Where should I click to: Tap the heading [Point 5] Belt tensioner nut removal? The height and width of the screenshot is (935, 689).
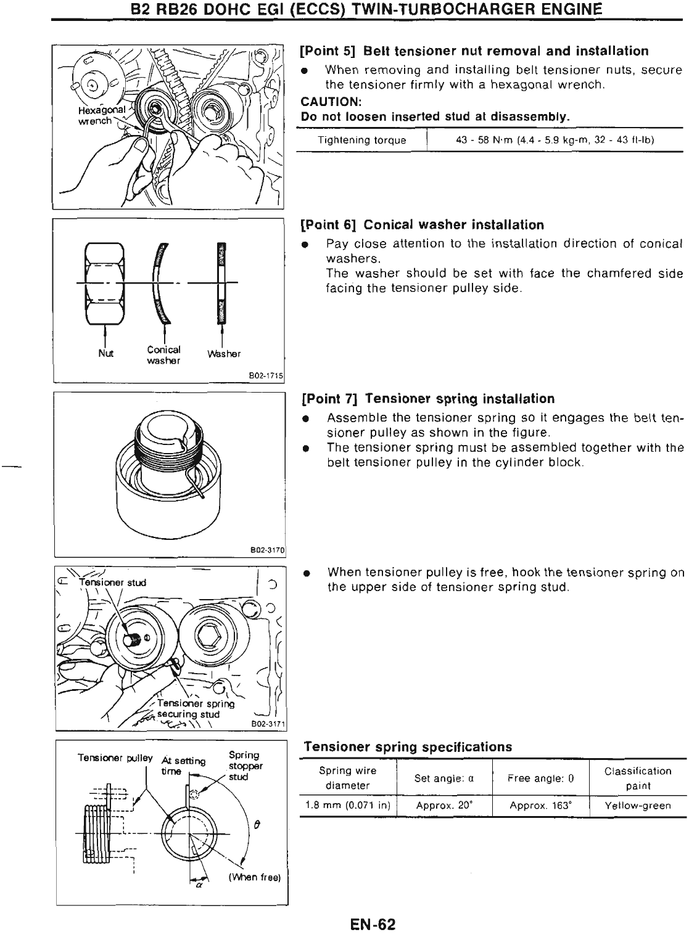point(474,51)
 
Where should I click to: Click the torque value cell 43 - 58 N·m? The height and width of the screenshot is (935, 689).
point(555,141)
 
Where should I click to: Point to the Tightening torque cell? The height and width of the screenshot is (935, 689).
point(361,141)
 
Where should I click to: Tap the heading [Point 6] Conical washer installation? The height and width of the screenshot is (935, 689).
point(423,224)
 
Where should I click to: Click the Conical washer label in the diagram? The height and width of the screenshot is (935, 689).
point(163,355)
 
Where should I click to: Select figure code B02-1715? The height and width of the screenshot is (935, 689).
point(265,375)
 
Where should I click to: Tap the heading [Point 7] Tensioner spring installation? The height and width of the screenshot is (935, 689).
point(427,398)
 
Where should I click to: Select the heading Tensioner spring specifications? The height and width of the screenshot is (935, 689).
point(408,747)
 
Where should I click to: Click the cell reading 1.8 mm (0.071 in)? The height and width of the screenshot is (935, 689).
point(348,806)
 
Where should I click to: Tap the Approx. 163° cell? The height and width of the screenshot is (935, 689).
point(541,806)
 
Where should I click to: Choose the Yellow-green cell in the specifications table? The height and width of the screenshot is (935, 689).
point(638,806)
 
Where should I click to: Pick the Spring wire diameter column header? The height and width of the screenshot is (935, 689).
point(348,778)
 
